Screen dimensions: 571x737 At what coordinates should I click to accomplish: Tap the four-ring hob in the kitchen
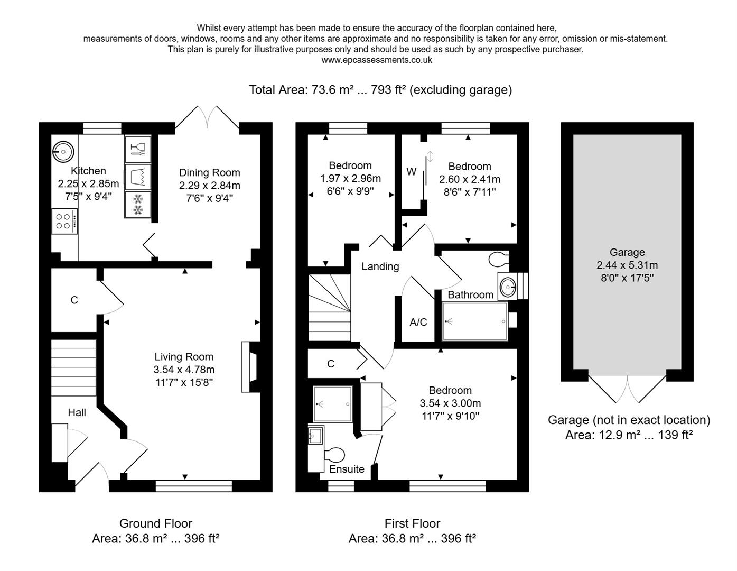(64, 220)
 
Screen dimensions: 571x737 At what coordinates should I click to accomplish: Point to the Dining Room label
(209, 172)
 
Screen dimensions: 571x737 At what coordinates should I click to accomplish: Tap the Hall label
(77, 412)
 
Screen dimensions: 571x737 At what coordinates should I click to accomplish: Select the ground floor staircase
(74, 367)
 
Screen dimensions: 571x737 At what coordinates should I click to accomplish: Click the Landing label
(380, 266)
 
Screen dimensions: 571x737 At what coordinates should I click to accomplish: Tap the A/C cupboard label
(418, 322)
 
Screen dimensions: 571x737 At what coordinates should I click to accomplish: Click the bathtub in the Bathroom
(474, 321)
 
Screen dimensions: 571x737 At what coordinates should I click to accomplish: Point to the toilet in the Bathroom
(498, 260)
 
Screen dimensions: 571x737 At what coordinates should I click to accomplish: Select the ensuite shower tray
(332, 404)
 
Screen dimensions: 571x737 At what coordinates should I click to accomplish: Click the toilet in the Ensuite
(334, 455)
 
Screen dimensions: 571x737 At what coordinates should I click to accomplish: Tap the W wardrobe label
(411, 172)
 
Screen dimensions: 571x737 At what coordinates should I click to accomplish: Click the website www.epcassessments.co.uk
(376, 60)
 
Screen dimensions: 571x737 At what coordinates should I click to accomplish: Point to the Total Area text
(380, 90)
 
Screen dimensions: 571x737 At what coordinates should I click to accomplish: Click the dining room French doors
(207, 117)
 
